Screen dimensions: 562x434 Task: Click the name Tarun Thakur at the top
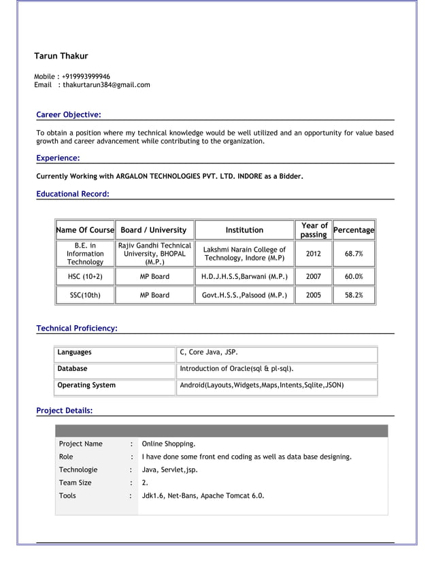click(x=61, y=56)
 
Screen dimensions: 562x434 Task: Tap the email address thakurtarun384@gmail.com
click(x=106, y=85)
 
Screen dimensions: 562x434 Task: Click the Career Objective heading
click(x=68, y=114)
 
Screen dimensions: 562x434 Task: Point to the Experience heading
click(x=58, y=159)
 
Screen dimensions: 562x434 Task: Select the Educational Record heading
click(x=72, y=194)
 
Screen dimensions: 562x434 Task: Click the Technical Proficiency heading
click(x=76, y=329)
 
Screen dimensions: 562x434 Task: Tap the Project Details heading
click(x=64, y=410)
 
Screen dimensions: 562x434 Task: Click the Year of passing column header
click(x=314, y=230)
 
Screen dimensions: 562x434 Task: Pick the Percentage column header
click(x=354, y=230)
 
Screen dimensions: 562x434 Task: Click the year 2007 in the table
click(x=314, y=277)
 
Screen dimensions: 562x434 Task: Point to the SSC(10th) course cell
click(x=85, y=295)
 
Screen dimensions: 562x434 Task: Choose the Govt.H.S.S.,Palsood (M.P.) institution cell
click(x=244, y=295)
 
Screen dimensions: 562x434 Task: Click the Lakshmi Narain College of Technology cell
click(x=244, y=254)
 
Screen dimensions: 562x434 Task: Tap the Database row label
click(x=72, y=369)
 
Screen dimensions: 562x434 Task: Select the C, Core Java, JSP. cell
click(x=208, y=352)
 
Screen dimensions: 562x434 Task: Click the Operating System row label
click(x=86, y=385)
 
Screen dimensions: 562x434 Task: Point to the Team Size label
click(x=75, y=482)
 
